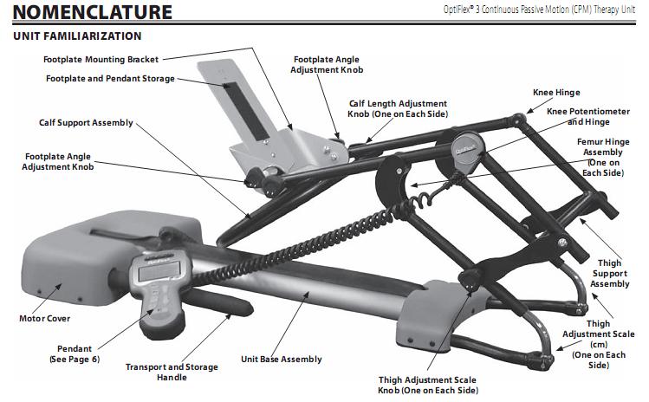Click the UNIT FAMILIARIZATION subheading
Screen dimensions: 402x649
click(x=77, y=36)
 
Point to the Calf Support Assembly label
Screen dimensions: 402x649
click(x=86, y=123)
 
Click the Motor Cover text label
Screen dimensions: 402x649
click(x=45, y=318)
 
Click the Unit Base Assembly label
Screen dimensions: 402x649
click(x=281, y=359)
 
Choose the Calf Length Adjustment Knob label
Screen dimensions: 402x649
click(x=398, y=108)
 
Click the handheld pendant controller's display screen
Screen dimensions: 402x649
click(x=155, y=271)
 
